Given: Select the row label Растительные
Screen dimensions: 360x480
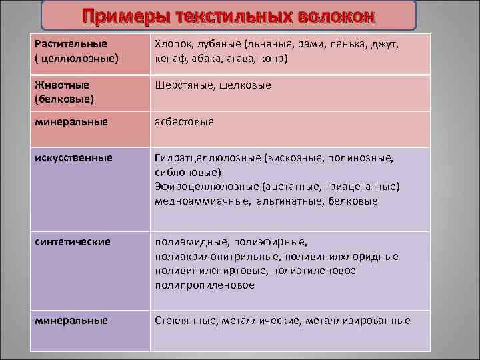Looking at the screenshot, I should point(71,44).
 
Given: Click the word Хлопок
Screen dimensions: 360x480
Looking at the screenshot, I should point(173,44).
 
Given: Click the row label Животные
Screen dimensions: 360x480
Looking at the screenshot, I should point(62,85).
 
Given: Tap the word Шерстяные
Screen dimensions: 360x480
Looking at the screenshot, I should point(183,85).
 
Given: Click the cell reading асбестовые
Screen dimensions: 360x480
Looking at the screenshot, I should point(185,122).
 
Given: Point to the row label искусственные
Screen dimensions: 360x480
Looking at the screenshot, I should point(73,159).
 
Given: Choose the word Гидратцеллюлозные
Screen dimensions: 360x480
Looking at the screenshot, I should point(207,159).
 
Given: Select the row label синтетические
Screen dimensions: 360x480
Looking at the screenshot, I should point(73,241).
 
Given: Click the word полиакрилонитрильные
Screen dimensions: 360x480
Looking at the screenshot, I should point(215,256).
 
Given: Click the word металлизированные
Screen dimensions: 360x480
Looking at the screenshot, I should point(357,321).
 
